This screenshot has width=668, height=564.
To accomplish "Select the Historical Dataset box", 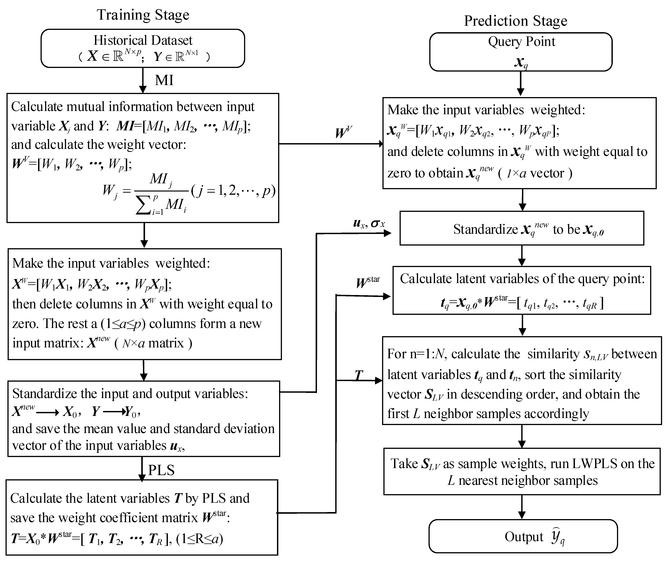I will (x=143, y=48).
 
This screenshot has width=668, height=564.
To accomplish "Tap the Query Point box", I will (x=521, y=52).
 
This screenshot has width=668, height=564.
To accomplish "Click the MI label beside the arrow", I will (x=164, y=80).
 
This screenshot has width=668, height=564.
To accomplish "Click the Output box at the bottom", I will (x=523, y=537).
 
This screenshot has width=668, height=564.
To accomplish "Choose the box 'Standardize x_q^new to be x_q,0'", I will (x=522, y=228).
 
